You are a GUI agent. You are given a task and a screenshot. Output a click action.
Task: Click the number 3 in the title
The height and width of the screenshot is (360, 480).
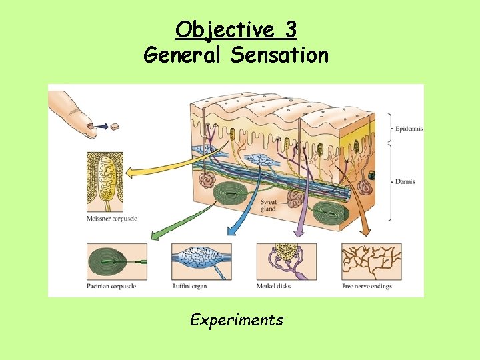289,30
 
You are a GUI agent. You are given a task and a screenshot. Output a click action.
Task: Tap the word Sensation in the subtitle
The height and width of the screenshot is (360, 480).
279,55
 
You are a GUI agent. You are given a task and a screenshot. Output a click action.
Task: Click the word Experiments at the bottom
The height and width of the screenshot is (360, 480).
237,320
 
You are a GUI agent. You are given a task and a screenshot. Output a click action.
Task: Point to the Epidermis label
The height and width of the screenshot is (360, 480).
408,129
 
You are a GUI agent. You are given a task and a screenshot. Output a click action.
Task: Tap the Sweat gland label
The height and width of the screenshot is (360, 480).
269,204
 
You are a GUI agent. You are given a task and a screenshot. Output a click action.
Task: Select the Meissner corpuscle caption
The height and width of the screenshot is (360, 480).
111,219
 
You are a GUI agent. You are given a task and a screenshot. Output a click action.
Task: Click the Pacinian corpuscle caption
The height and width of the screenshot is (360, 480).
111,286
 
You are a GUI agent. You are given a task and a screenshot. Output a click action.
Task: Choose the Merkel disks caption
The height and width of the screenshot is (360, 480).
273,286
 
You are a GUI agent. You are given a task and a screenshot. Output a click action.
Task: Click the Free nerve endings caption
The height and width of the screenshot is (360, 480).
367,286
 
